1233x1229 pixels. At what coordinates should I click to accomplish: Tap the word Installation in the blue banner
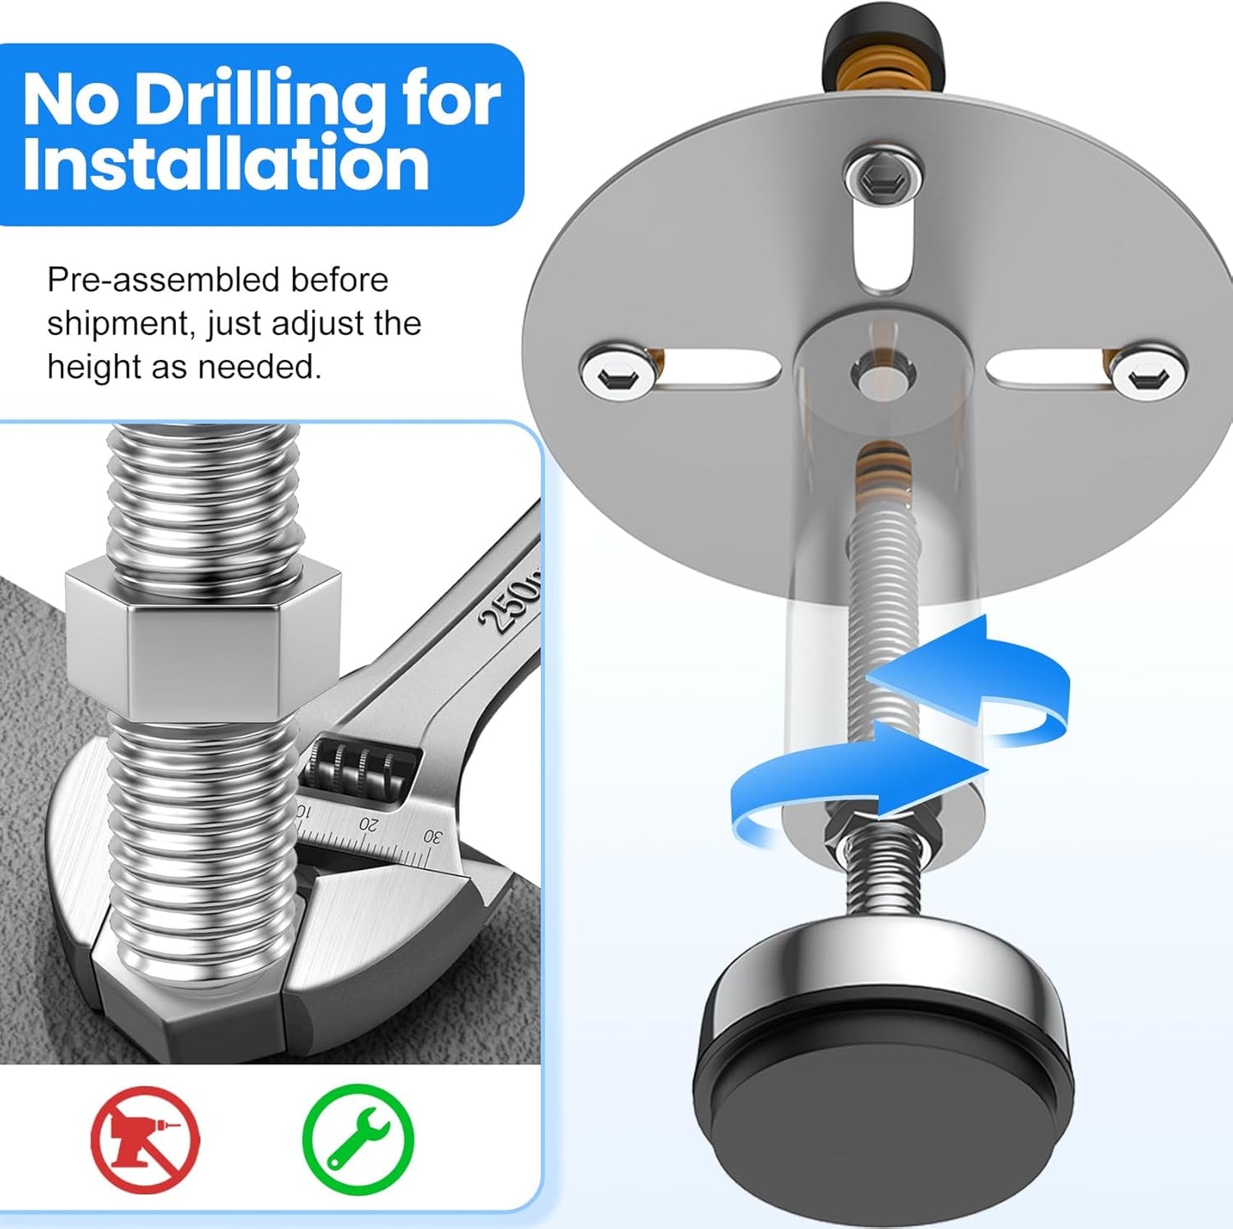tap(225, 165)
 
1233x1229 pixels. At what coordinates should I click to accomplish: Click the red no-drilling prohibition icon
tap(145, 1138)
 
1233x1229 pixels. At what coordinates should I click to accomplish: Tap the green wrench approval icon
tap(358, 1138)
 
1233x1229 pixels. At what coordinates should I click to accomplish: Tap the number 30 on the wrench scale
tap(433, 837)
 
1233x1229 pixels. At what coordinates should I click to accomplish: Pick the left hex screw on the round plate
tap(616, 371)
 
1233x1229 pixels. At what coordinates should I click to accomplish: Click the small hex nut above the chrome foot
tap(883, 823)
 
